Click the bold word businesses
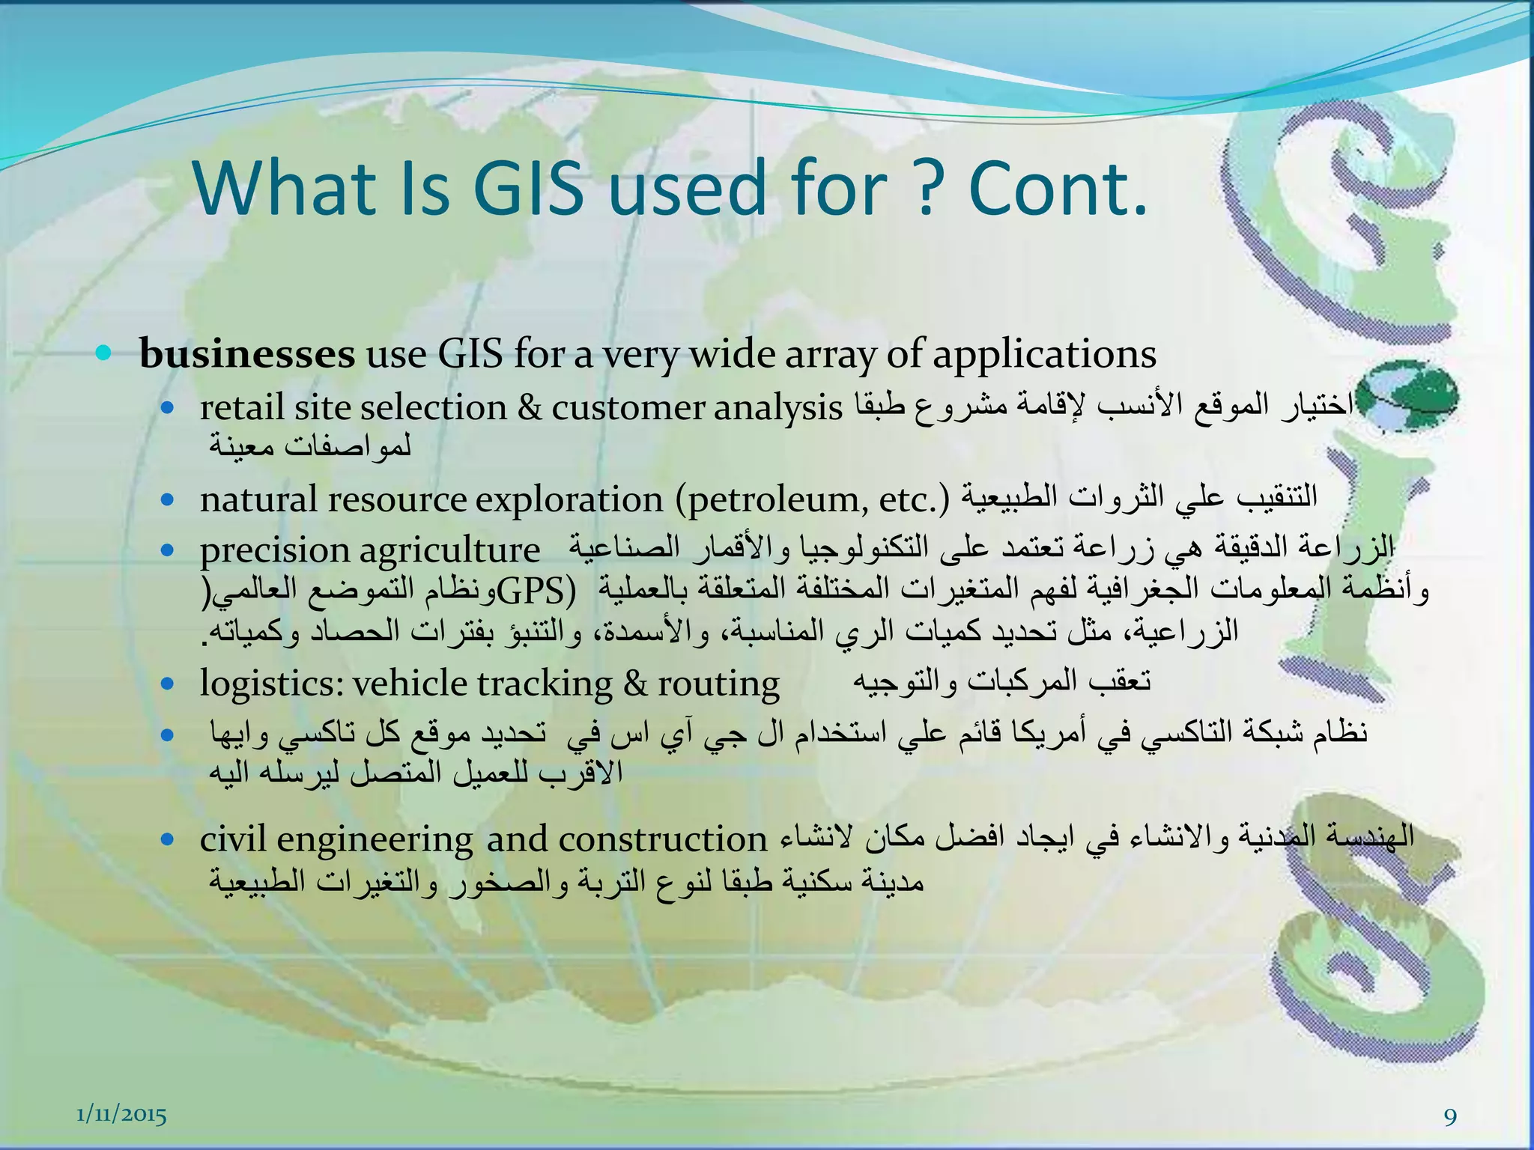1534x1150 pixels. click(x=247, y=353)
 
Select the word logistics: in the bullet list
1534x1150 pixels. click(x=271, y=684)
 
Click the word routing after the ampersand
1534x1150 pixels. click(x=718, y=684)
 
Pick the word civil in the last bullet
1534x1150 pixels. click(x=233, y=839)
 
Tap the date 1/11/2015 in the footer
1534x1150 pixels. click(x=122, y=1115)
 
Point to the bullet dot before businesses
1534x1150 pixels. click(x=104, y=352)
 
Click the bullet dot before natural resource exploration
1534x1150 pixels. click(x=167, y=499)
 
